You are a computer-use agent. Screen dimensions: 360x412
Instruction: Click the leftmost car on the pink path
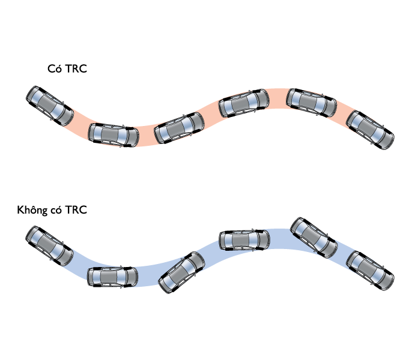click(49, 106)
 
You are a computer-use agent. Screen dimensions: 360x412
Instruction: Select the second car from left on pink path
click(113, 134)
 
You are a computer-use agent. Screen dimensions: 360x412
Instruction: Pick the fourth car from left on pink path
click(243, 103)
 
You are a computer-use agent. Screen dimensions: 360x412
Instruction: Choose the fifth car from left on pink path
click(312, 103)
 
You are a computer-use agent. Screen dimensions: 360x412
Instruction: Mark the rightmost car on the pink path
click(372, 130)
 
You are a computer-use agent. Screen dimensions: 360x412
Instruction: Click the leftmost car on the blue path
click(49, 245)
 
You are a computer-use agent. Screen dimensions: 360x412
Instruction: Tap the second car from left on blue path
click(113, 276)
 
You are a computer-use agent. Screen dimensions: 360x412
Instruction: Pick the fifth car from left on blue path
click(314, 238)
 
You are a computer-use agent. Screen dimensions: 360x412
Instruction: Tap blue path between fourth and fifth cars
click(279, 238)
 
